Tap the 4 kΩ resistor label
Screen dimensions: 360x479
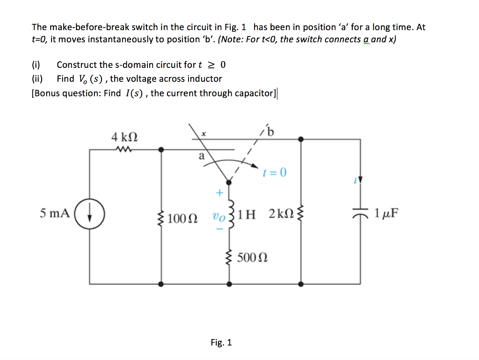click(x=124, y=137)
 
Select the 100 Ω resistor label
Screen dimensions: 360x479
click(x=182, y=218)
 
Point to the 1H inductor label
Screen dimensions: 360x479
click(x=247, y=215)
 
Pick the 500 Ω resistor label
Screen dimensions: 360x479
click(x=252, y=257)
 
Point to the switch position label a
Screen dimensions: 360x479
click(x=202, y=157)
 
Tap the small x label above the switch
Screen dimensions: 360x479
click(x=203, y=134)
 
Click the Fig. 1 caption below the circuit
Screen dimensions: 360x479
click(x=221, y=342)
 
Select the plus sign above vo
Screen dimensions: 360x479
click(x=218, y=192)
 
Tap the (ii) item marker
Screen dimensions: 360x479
click(x=37, y=79)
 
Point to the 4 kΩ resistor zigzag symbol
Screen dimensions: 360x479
click(x=124, y=150)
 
